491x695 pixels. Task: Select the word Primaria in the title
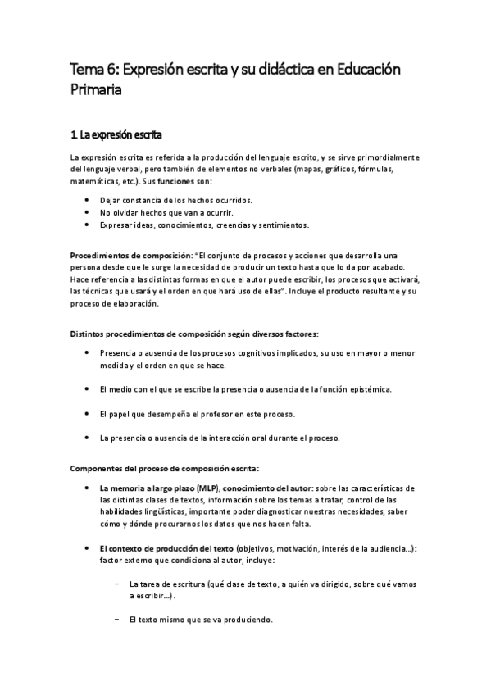(96, 92)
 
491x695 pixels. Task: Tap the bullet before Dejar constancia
(87, 200)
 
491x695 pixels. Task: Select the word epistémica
(374, 388)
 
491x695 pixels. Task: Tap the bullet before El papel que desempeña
(87, 413)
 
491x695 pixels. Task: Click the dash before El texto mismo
(117, 619)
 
